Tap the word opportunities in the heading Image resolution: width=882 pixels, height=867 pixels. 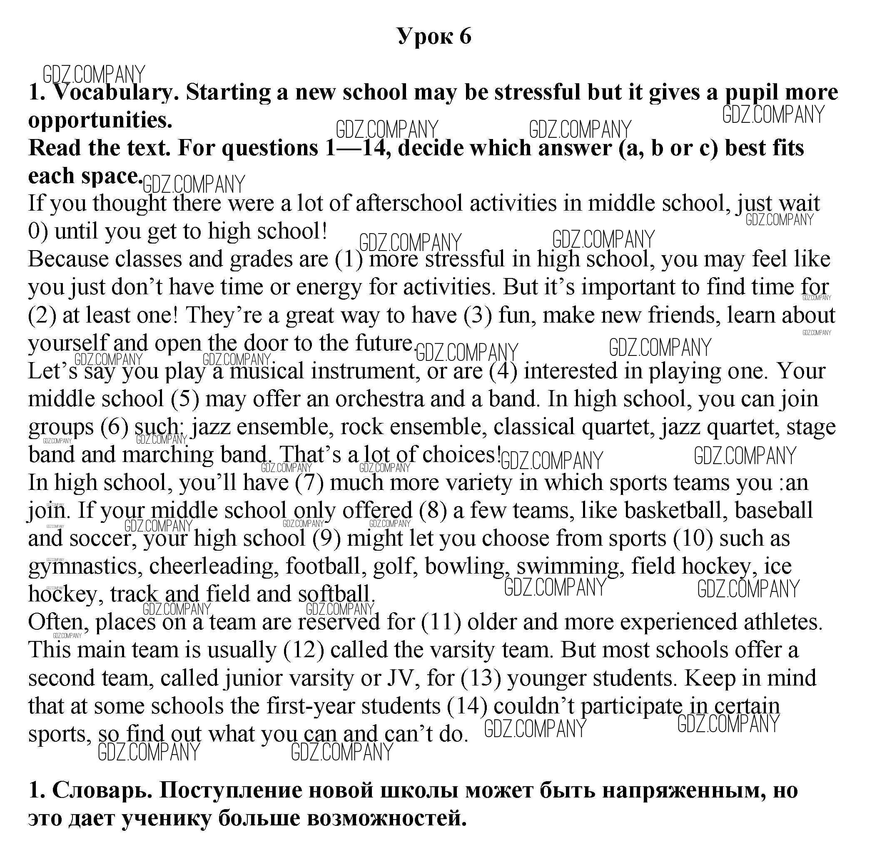(x=100, y=120)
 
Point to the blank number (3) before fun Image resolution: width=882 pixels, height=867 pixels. (x=478, y=315)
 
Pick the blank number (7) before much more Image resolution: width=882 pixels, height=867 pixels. (x=309, y=483)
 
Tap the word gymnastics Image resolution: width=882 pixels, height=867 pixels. (x=82, y=566)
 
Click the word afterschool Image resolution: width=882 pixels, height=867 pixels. (x=409, y=203)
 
